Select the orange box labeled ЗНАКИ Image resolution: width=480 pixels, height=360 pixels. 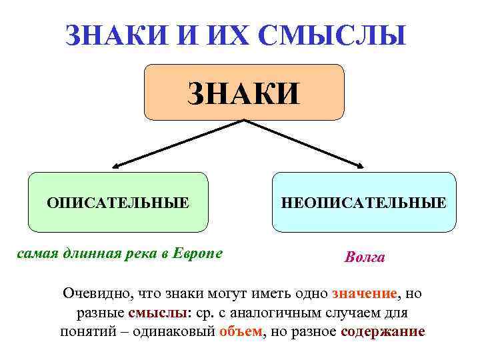[244, 91]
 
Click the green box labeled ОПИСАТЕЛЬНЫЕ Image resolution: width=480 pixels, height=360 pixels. [118, 201]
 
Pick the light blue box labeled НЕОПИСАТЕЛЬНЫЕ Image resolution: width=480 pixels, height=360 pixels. [364, 201]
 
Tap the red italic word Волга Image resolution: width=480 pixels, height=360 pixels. [365, 257]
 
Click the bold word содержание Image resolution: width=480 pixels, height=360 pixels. [382, 331]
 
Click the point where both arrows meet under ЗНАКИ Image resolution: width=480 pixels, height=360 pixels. [244, 121]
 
